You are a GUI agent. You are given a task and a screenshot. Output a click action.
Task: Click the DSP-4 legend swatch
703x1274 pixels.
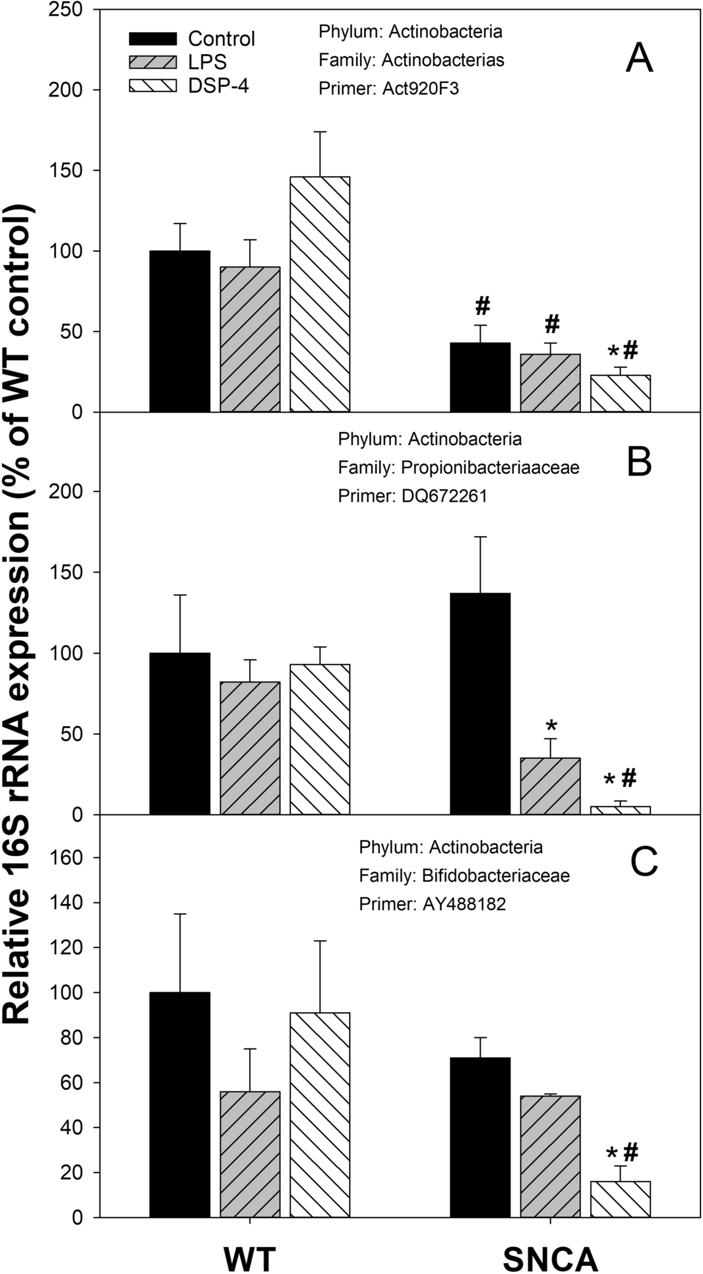[x=152, y=86]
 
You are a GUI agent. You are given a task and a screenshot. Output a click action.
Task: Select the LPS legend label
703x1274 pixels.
[x=207, y=62]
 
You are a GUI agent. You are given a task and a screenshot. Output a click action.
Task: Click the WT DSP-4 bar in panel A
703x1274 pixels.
[x=320, y=294]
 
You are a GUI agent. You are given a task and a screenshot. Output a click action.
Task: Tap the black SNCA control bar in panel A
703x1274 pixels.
[x=480, y=377]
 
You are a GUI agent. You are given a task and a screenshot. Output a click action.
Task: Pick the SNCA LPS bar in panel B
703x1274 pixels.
[x=550, y=786]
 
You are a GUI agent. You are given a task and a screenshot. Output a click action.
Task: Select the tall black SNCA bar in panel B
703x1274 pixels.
[x=480, y=704]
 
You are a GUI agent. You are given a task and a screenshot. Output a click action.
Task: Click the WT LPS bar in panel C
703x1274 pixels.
[x=250, y=1154]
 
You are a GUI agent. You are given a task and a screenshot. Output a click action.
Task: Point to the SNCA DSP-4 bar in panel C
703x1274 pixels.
[x=620, y=1199]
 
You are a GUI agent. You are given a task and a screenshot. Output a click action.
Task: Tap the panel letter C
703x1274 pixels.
[x=644, y=861]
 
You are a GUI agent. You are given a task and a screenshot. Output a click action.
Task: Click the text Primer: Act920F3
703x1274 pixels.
[x=388, y=88]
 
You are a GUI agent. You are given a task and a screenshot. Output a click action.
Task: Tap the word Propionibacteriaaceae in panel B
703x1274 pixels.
[x=490, y=468]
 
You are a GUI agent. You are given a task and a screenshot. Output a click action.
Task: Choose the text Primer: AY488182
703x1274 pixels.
[x=432, y=904]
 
